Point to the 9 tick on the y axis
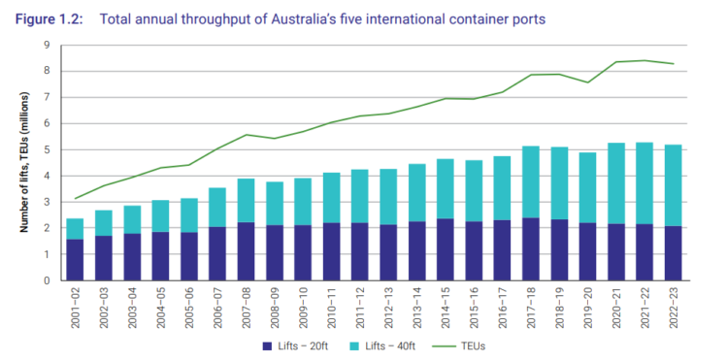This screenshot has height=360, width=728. click(46, 45)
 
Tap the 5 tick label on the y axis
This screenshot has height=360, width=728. click(46, 149)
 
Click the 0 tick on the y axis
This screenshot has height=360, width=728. click(46, 281)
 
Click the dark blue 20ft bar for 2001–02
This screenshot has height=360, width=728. click(74, 260)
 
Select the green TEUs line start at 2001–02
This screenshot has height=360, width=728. click(74, 199)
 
